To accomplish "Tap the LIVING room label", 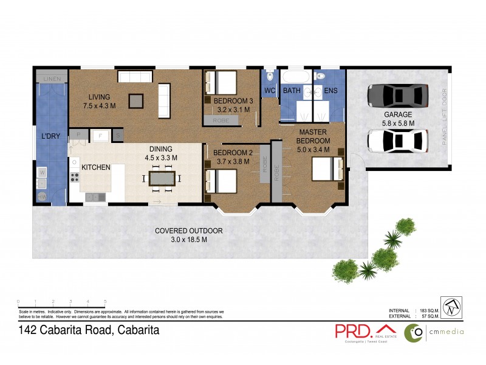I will [98, 97].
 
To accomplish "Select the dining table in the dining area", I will [161, 178].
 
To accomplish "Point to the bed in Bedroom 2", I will [220, 181].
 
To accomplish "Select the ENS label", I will [330, 91].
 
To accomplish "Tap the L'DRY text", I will [50, 136].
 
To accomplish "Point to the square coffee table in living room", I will [137, 100].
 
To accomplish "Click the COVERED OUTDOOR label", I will [188, 231].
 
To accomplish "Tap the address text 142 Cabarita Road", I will [90, 330].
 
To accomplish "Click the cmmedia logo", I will [434, 332].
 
